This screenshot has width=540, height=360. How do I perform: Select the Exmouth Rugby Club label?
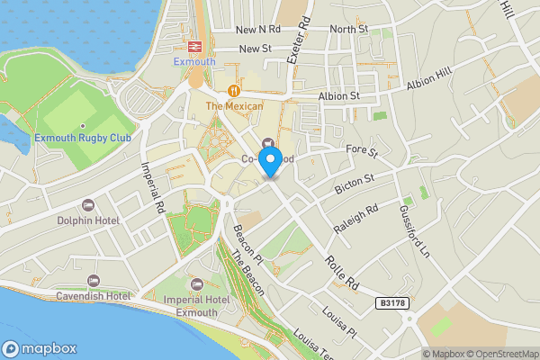click(x=83, y=138)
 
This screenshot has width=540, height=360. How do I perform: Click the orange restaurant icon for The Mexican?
click(x=234, y=91)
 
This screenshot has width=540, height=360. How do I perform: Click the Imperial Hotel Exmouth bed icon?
click(x=196, y=284)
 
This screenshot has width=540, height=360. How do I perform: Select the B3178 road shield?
click(x=390, y=306)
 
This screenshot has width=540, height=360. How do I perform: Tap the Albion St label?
click(x=338, y=95)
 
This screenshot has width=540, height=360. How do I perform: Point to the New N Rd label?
click(x=259, y=30)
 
